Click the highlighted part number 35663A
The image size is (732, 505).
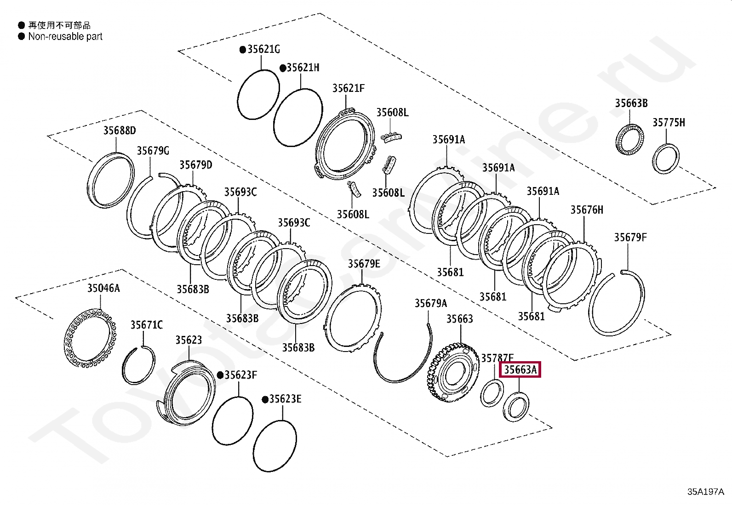[520, 370]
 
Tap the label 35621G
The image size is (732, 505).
[263, 49]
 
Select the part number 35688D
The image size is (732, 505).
[120, 131]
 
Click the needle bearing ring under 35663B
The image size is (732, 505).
[630, 139]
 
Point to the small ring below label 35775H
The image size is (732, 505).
[666, 159]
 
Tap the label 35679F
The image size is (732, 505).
[630, 238]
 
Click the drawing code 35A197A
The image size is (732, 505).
[705, 492]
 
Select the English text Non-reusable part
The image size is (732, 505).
[65, 37]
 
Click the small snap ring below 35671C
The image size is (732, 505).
[138, 365]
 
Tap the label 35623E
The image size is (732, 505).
[285, 399]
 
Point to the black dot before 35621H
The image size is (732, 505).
[283, 68]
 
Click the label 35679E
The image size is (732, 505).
[364, 264]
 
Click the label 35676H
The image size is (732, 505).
[586, 210]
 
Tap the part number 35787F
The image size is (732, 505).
[497, 357]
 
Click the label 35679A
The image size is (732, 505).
[430, 303]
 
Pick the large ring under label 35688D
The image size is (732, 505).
[111, 180]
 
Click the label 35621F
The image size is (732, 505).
[348, 88]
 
